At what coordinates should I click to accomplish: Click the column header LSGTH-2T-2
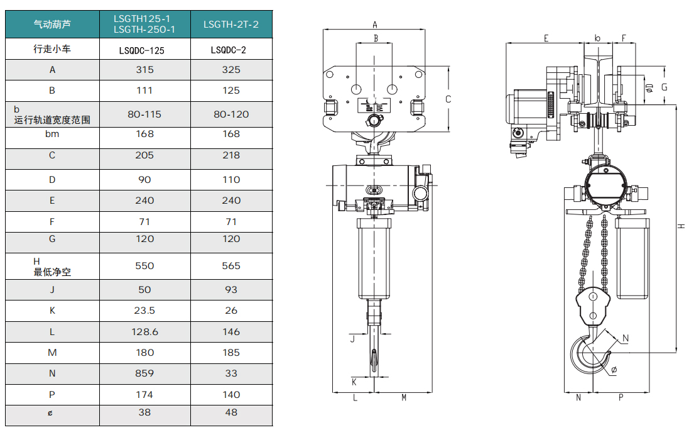click(x=231, y=25)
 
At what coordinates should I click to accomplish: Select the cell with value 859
click(x=144, y=373)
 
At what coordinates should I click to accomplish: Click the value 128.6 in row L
click(x=144, y=331)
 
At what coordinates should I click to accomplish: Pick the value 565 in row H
click(x=231, y=266)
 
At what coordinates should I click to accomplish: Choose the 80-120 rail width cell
click(x=231, y=114)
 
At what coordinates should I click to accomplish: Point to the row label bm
click(x=52, y=133)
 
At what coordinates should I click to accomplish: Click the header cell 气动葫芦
click(x=52, y=25)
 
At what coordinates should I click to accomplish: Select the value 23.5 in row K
click(x=144, y=311)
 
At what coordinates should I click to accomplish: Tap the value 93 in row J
click(x=231, y=290)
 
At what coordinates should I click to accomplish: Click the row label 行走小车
click(x=52, y=49)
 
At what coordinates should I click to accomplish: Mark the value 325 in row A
click(x=231, y=70)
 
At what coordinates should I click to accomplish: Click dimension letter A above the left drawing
click(x=375, y=25)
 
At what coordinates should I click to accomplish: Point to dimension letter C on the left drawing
click(x=448, y=99)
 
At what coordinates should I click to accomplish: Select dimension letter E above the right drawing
click(x=546, y=38)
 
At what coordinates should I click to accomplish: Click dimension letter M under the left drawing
click(x=404, y=397)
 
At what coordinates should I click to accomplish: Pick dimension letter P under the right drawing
click(x=621, y=397)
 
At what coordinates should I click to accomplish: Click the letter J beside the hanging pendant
click(x=352, y=339)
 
